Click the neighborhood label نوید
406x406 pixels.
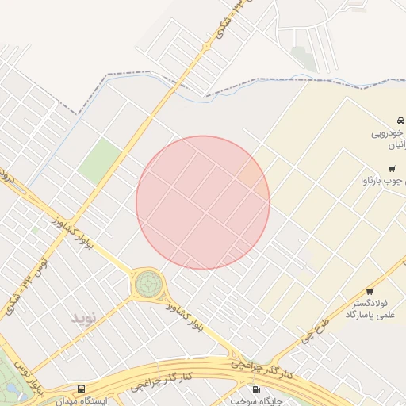[83, 318]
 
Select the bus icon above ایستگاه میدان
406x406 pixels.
[81, 389]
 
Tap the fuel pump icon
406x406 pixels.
[255, 389]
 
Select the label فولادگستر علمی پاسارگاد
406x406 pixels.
[370, 309]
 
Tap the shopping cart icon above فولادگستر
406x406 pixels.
[370, 291]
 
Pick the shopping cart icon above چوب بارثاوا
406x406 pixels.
[392, 168]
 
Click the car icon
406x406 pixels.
[401, 120]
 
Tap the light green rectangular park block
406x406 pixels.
[100, 160]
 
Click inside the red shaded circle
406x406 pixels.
[203, 202]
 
